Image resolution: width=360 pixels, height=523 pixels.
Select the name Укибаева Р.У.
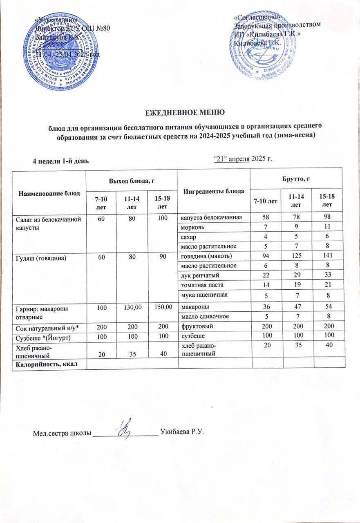pyautogui.click(x=182, y=431)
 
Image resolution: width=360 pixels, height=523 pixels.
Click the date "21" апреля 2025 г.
pyautogui.click(x=243, y=159)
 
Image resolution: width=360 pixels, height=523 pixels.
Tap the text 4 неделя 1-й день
pyautogui.click(x=61, y=160)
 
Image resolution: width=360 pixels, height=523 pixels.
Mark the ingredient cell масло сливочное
pyautogui.click(x=203, y=316)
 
